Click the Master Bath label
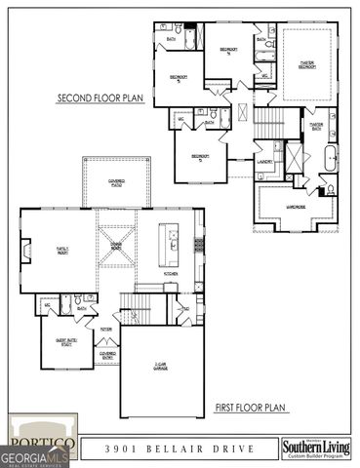click(x=315, y=126)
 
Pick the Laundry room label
click(x=263, y=161)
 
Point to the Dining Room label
click(x=115, y=247)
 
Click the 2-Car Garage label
click(x=162, y=368)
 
